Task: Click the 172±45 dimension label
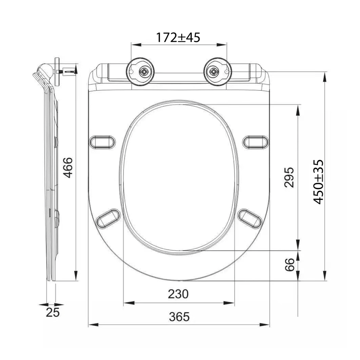(x=178, y=37)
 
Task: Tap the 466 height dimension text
(x=68, y=167)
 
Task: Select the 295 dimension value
(x=289, y=177)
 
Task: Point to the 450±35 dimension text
(x=319, y=182)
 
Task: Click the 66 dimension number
(x=289, y=265)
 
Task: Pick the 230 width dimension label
(x=178, y=294)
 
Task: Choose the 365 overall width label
(x=179, y=317)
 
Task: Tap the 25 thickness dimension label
(x=53, y=312)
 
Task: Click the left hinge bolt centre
(x=144, y=72)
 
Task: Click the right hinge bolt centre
(x=213, y=72)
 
